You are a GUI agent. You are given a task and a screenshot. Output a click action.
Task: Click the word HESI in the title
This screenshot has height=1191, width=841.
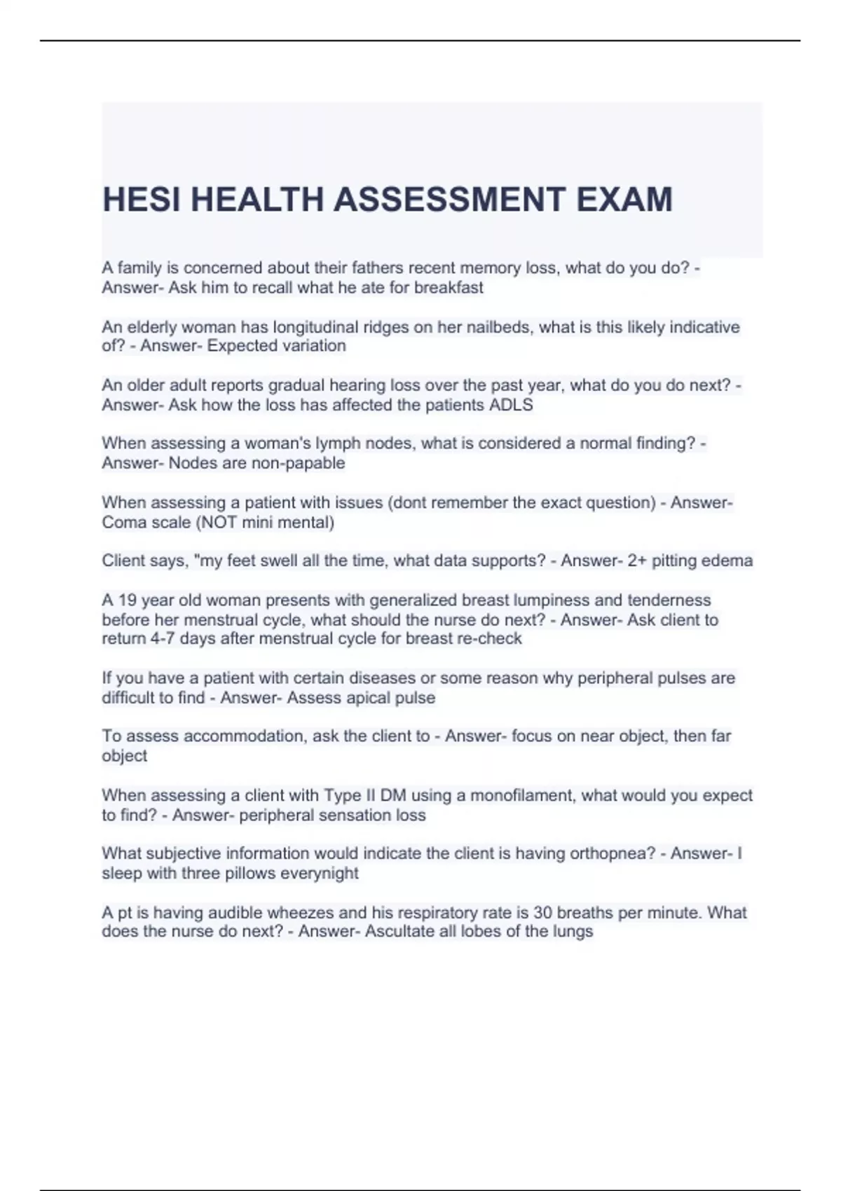(x=141, y=200)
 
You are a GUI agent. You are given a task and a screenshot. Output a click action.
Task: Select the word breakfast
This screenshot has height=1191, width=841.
(x=449, y=288)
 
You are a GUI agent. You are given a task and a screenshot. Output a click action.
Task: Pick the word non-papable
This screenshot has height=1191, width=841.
(x=302, y=463)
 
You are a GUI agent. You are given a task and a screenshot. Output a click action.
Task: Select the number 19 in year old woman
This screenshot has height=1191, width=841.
(x=128, y=600)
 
